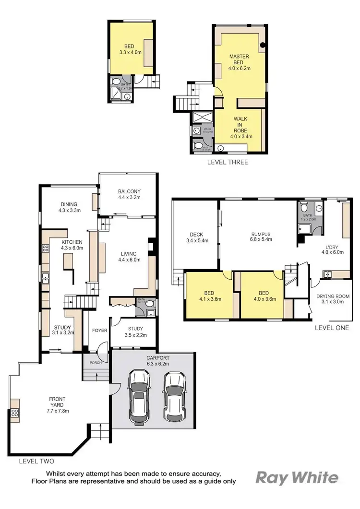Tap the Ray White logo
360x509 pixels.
(297, 477)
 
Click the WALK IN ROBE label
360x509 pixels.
(241, 127)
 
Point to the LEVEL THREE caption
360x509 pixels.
(227, 162)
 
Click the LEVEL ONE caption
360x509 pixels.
(332, 328)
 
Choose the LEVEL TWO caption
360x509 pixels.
(36, 461)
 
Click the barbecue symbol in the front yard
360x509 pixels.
(14, 412)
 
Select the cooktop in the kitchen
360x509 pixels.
(46, 249)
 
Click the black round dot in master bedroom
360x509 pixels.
(263, 46)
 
